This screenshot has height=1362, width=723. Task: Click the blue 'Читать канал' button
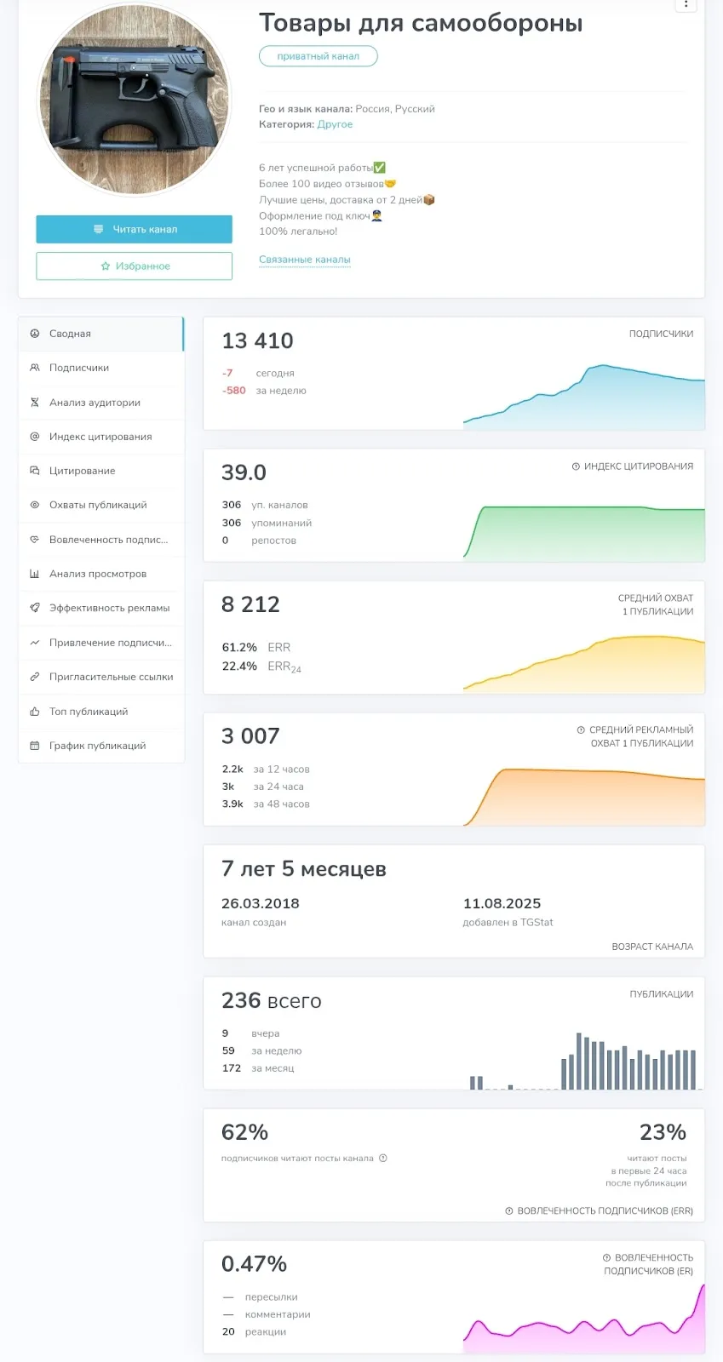[x=134, y=229]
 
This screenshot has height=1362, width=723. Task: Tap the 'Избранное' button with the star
[x=134, y=266]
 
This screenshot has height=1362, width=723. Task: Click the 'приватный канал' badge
[x=318, y=56]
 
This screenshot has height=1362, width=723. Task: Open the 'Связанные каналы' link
[x=305, y=260]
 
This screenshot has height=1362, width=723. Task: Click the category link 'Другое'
[x=335, y=124]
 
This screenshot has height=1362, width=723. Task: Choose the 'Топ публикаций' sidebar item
[x=89, y=712]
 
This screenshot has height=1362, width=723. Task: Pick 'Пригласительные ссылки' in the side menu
[x=112, y=677]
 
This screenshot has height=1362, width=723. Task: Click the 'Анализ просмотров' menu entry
[x=98, y=574]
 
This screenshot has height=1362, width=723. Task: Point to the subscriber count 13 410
[x=257, y=341]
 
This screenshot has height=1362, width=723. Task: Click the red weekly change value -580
[x=234, y=391]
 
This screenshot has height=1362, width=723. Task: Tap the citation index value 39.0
[x=244, y=472]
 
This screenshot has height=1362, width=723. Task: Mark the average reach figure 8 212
[x=250, y=604]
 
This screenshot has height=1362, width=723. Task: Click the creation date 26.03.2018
[x=261, y=903]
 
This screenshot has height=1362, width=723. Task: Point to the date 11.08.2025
[x=502, y=903]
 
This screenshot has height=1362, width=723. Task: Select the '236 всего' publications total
[x=271, y=1001]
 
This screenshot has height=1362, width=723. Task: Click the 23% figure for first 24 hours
[x=663, y=1132]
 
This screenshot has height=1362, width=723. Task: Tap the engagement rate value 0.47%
[x=254, y=1264]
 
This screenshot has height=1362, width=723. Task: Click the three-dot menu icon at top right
[x=686, y=4]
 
